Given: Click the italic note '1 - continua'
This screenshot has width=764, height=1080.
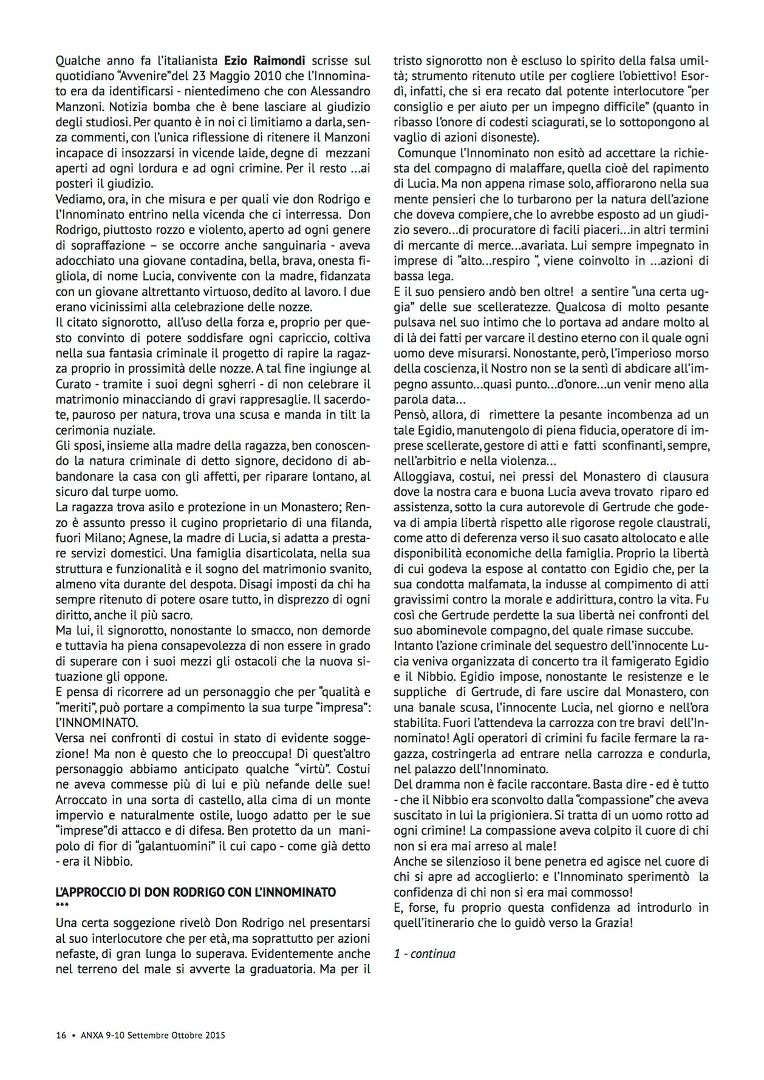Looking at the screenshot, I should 424,954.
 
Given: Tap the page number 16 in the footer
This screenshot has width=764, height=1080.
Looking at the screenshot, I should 60,1035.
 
